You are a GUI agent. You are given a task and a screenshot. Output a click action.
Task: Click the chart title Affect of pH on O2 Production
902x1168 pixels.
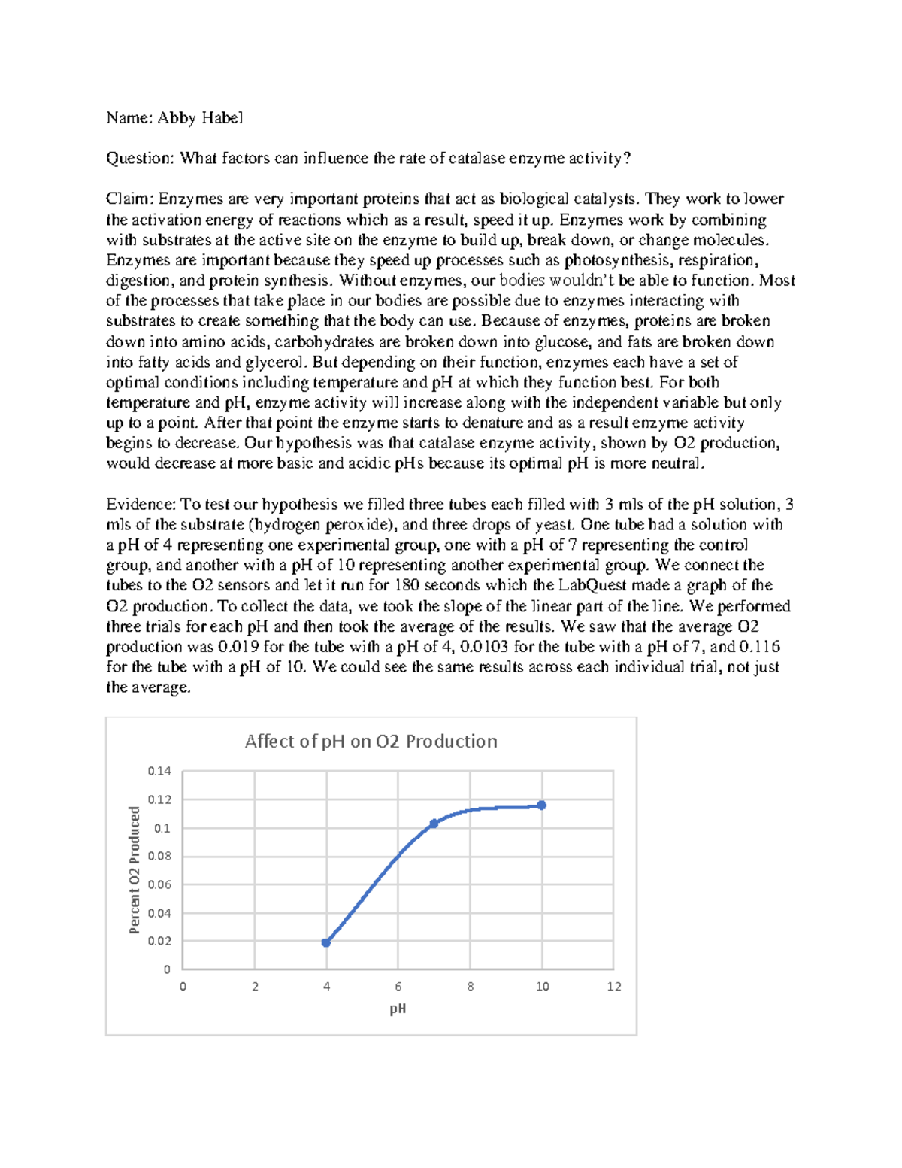(371, 742)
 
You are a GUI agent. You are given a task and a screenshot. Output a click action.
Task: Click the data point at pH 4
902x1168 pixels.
(326, 942)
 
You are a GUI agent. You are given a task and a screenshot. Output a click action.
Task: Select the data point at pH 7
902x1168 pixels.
(434, 824)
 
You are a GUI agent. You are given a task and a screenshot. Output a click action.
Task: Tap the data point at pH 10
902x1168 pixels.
(542, 805)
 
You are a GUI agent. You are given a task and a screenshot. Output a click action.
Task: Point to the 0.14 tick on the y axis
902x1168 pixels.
(159, 771)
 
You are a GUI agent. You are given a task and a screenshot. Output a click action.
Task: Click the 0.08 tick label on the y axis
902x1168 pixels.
(159, 856)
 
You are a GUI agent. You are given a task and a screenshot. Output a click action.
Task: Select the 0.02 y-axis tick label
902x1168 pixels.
(159, 941)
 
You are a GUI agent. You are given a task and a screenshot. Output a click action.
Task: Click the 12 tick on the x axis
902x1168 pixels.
(614, 987)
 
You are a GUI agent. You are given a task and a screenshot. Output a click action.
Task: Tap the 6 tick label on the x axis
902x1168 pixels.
(398, 987)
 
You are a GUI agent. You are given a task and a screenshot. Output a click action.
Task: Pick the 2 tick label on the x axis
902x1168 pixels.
(255, 987)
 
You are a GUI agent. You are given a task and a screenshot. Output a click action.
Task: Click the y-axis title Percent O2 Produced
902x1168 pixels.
(135, 870)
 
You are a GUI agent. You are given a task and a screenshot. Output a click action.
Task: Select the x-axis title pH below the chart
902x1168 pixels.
(398, 1009)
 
